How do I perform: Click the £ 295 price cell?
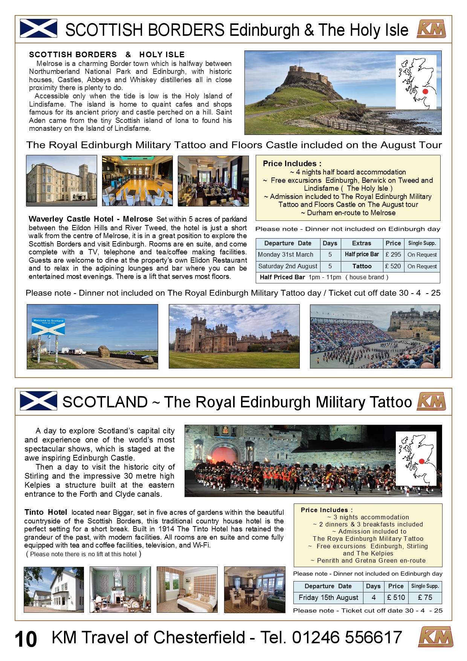393,255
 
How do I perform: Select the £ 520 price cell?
393,266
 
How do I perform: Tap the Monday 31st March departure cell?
285,255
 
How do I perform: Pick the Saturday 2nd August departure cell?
288,266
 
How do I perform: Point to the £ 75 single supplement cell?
425,598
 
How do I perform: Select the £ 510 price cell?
396,598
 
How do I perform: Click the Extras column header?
362,243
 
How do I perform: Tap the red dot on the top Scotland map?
426,92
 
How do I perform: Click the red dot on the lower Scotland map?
421,461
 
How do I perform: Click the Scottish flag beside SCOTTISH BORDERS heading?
38,29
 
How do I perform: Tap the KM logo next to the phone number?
435,637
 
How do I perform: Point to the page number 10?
26,640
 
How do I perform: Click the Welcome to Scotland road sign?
48,326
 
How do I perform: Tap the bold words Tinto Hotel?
46,513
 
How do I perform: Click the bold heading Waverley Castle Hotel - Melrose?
90,219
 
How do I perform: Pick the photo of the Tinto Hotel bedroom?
187,589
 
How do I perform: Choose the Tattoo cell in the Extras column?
362,266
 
